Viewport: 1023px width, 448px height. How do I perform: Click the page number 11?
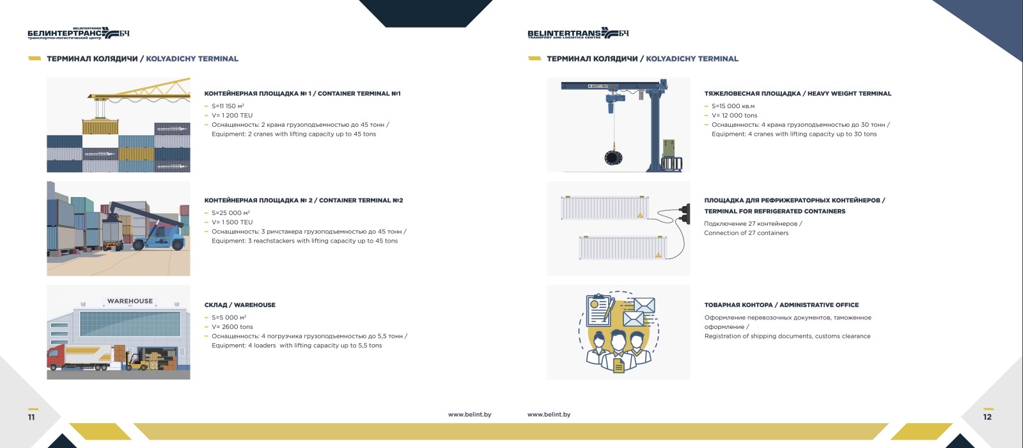click(31, 417)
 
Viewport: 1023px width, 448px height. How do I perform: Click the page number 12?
click(987, 417)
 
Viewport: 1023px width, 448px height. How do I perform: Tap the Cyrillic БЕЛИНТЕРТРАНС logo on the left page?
click(79, 33)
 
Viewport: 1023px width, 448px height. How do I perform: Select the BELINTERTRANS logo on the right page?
click(578, 33)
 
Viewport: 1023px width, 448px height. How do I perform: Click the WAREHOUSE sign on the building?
click(130, 301)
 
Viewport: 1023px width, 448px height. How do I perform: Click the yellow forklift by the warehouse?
click(136, 362)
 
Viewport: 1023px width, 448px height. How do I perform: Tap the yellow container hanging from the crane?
click(100, 127)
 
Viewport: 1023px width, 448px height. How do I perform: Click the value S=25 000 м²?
click(231, 212)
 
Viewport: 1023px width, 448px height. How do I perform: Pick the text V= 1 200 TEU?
click(232, 115)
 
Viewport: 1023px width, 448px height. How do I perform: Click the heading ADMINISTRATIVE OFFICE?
click(819, 305)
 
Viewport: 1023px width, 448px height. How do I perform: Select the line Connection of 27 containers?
click(746, 233)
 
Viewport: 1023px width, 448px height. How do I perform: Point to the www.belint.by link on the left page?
click(469, 415)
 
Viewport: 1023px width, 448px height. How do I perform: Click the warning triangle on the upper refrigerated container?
click(640, 215)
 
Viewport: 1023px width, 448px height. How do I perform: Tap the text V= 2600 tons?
click(232, 327)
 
